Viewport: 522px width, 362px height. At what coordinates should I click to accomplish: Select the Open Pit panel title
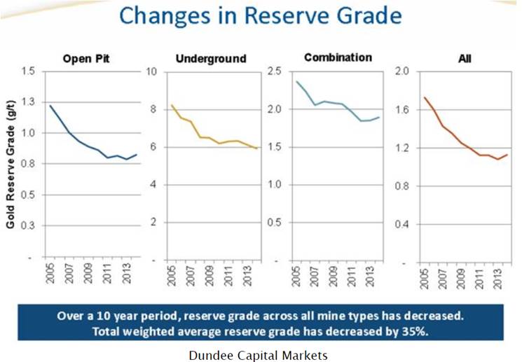(87, 59)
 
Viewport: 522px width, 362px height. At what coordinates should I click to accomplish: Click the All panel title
(464, 59)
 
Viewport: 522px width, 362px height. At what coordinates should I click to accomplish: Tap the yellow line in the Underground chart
(203, 137)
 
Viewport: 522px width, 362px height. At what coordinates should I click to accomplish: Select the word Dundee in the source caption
(210, 354)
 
